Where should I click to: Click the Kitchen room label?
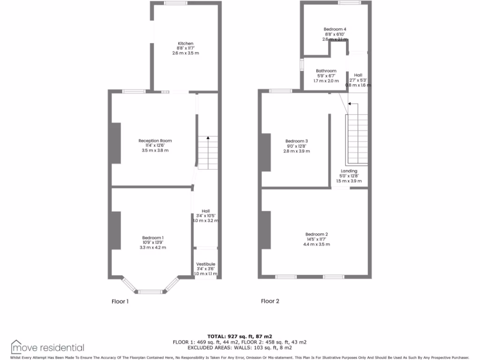click(x=185, y=44)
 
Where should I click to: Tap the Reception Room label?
click(x=155, y=141)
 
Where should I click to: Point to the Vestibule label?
click(x=205, y=264)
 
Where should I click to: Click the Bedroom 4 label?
click(x=335, y=29)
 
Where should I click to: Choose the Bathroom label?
click(x=326, y=71)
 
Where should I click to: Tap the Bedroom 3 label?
click(x=297, y=141)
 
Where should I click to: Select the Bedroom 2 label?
click(x=316, y=234)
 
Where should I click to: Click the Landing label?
click(x=349, y=171)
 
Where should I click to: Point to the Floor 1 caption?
click(x=120, y=301)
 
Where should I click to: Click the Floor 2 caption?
click(x=270, y=301)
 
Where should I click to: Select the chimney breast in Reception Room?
click(x=116, y=143)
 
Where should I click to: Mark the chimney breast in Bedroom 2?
click(x=266, y=230)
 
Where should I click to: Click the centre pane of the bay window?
click(x=150, y=292)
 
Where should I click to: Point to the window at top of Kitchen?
click(x=175, y=3)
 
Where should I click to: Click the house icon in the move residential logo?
click(x=17, y=346)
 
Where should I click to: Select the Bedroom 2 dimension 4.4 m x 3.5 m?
click(x=316, y=244)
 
